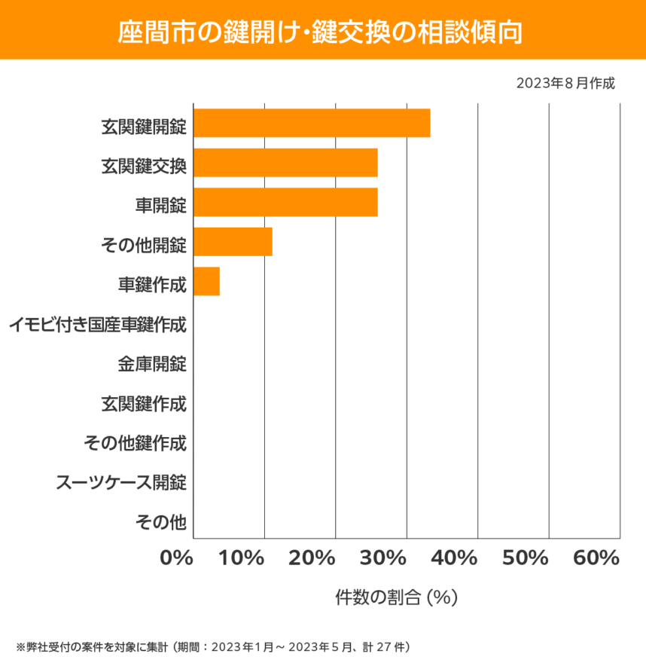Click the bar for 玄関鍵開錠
tap(312, 124)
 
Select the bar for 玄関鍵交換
tap(285, 163)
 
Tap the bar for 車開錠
tap(285, 203)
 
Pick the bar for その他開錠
tap(233, 242)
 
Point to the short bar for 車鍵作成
tap(206, 282)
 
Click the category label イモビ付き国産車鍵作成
tap(98, 326)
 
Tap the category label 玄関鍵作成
tap(144, 405)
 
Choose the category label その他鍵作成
tap(136, 443)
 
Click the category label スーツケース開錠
tap(121, 482)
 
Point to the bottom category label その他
tap(160, 521)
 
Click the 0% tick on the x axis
tap(178, 558)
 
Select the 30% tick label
tap(384, 558)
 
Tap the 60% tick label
tap(596, 558)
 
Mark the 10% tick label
tap(242, 558)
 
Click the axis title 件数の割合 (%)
tap(396, 597)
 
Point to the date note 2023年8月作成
tap(565, 83)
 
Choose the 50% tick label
tap(525, 558)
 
